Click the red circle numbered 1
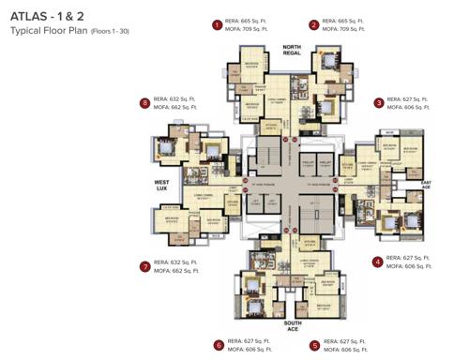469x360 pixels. [x=218, y=25]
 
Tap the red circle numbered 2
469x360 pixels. [x=314, y=25]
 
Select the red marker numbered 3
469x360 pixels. [x=378, y=102]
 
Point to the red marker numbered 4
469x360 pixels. [x=377, y=262]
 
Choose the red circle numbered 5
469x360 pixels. [x=314, y=344]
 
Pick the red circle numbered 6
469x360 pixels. [x=219, y=344]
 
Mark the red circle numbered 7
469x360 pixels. [x=144, y=266]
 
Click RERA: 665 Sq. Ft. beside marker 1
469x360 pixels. [x=247, y=21]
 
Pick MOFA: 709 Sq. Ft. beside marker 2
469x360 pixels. [x=342, y=30]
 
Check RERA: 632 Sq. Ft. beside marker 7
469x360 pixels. [x=174, y=262]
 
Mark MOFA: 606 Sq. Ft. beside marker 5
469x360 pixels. [x=344, y=349]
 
